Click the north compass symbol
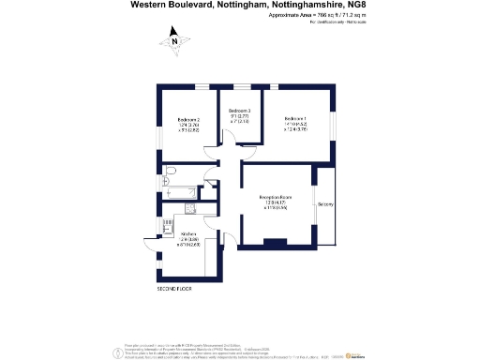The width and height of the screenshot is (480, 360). tap(173, 39)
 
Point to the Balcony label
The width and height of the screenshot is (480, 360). tap(326, 204)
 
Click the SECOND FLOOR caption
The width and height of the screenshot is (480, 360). tap(174, 290)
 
